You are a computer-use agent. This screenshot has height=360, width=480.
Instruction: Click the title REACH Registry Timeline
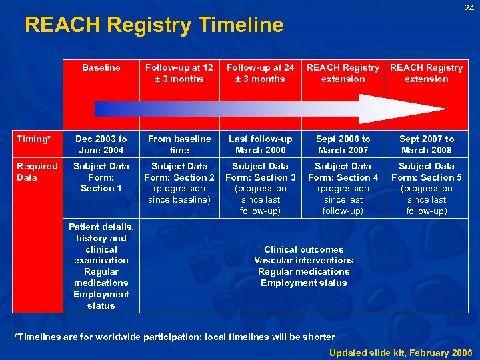154,25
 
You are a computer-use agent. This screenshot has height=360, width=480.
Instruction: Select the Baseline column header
101,67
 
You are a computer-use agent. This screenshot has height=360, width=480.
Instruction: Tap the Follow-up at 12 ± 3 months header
179,73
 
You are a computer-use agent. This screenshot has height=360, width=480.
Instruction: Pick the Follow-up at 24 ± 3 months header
260,73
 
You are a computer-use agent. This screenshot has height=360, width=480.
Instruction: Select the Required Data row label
37,171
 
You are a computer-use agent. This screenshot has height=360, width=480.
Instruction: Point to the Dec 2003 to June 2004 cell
101,144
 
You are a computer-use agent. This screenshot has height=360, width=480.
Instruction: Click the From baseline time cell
179,144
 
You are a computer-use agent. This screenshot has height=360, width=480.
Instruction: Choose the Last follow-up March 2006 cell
260,144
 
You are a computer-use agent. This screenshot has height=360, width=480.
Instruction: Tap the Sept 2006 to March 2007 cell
343,144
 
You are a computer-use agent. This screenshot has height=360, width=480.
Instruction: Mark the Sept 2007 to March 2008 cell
427,144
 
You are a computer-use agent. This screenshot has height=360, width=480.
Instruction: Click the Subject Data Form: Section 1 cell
101,177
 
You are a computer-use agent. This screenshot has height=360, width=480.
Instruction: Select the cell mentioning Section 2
179,183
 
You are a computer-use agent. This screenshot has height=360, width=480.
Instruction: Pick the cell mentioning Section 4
343,189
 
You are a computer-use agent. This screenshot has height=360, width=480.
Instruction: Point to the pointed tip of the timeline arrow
445,109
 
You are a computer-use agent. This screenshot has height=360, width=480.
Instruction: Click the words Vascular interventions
303,260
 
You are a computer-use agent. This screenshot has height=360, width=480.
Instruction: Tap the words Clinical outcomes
303,249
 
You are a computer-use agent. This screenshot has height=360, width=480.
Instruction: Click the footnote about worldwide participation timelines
175,337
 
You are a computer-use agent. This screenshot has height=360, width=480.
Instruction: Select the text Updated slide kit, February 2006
401,352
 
